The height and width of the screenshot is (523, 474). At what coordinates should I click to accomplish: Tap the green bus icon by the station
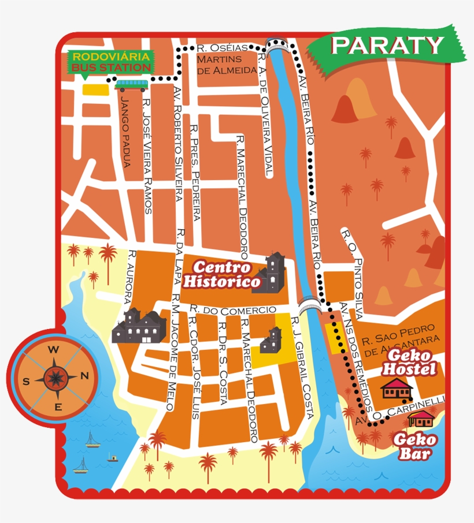(131, 85)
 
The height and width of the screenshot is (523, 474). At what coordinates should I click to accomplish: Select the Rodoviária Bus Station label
(110, 62)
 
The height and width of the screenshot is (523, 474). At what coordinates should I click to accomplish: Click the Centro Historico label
(222, 275)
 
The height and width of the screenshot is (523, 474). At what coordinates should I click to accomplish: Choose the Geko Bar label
(415, 447)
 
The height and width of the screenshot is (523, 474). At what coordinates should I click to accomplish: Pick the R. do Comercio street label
(233, 310)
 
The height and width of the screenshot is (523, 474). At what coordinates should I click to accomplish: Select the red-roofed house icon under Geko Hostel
(397, 390)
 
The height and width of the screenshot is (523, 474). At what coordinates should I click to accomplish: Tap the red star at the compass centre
(55, 378)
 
